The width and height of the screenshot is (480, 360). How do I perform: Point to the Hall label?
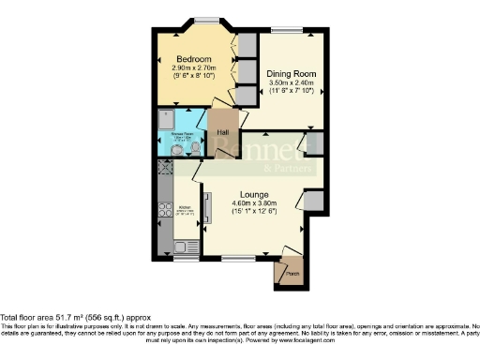223,132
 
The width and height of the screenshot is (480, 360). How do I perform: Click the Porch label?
290,274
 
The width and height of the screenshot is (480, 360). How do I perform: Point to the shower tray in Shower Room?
167,121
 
